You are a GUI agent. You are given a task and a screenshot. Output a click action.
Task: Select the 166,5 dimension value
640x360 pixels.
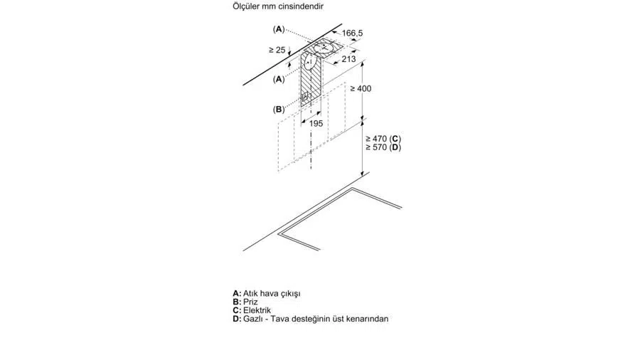352,33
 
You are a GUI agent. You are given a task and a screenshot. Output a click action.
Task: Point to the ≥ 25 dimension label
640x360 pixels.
277,50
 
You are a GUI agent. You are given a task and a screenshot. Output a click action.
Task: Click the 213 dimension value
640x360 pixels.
348,59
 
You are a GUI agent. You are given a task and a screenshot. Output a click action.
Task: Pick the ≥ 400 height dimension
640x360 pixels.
361,88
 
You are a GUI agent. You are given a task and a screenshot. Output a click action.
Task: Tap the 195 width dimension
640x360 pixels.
316,123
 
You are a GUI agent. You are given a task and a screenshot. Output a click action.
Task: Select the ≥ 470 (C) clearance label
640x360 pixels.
383,139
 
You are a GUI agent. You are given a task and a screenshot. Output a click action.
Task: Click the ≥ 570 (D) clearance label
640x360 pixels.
383,147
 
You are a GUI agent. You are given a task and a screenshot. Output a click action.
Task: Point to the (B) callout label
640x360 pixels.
279,110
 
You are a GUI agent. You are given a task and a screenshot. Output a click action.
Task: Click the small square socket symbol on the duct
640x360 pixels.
305,97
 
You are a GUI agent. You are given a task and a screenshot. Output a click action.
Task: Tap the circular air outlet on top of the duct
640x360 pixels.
325,48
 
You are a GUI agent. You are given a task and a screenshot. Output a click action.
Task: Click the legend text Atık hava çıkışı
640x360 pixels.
272,293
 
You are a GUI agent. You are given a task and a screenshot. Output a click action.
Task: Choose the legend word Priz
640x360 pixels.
250,302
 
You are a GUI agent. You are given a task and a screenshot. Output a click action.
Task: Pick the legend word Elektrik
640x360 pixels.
257,310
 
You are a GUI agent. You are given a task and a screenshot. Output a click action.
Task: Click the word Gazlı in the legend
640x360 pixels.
252,319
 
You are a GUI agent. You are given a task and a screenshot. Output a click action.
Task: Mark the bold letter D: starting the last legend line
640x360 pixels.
237,319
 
